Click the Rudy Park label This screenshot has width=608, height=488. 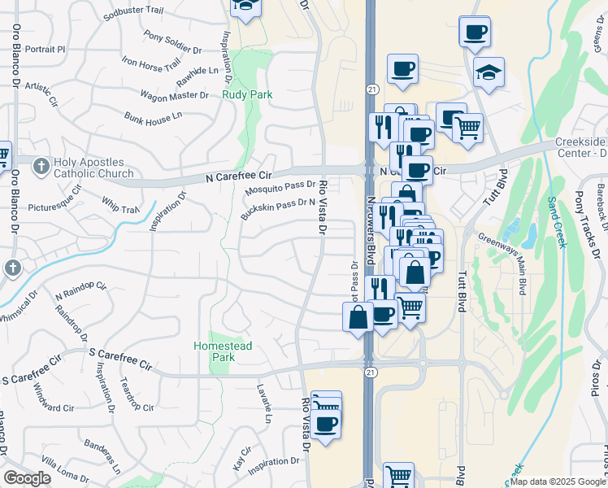click(x=247, y=94)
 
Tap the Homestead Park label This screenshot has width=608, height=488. click(x=223, y=351)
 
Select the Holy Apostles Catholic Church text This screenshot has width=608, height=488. click(x=93, y=168)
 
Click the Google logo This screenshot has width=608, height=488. click(x=26, y=478)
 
